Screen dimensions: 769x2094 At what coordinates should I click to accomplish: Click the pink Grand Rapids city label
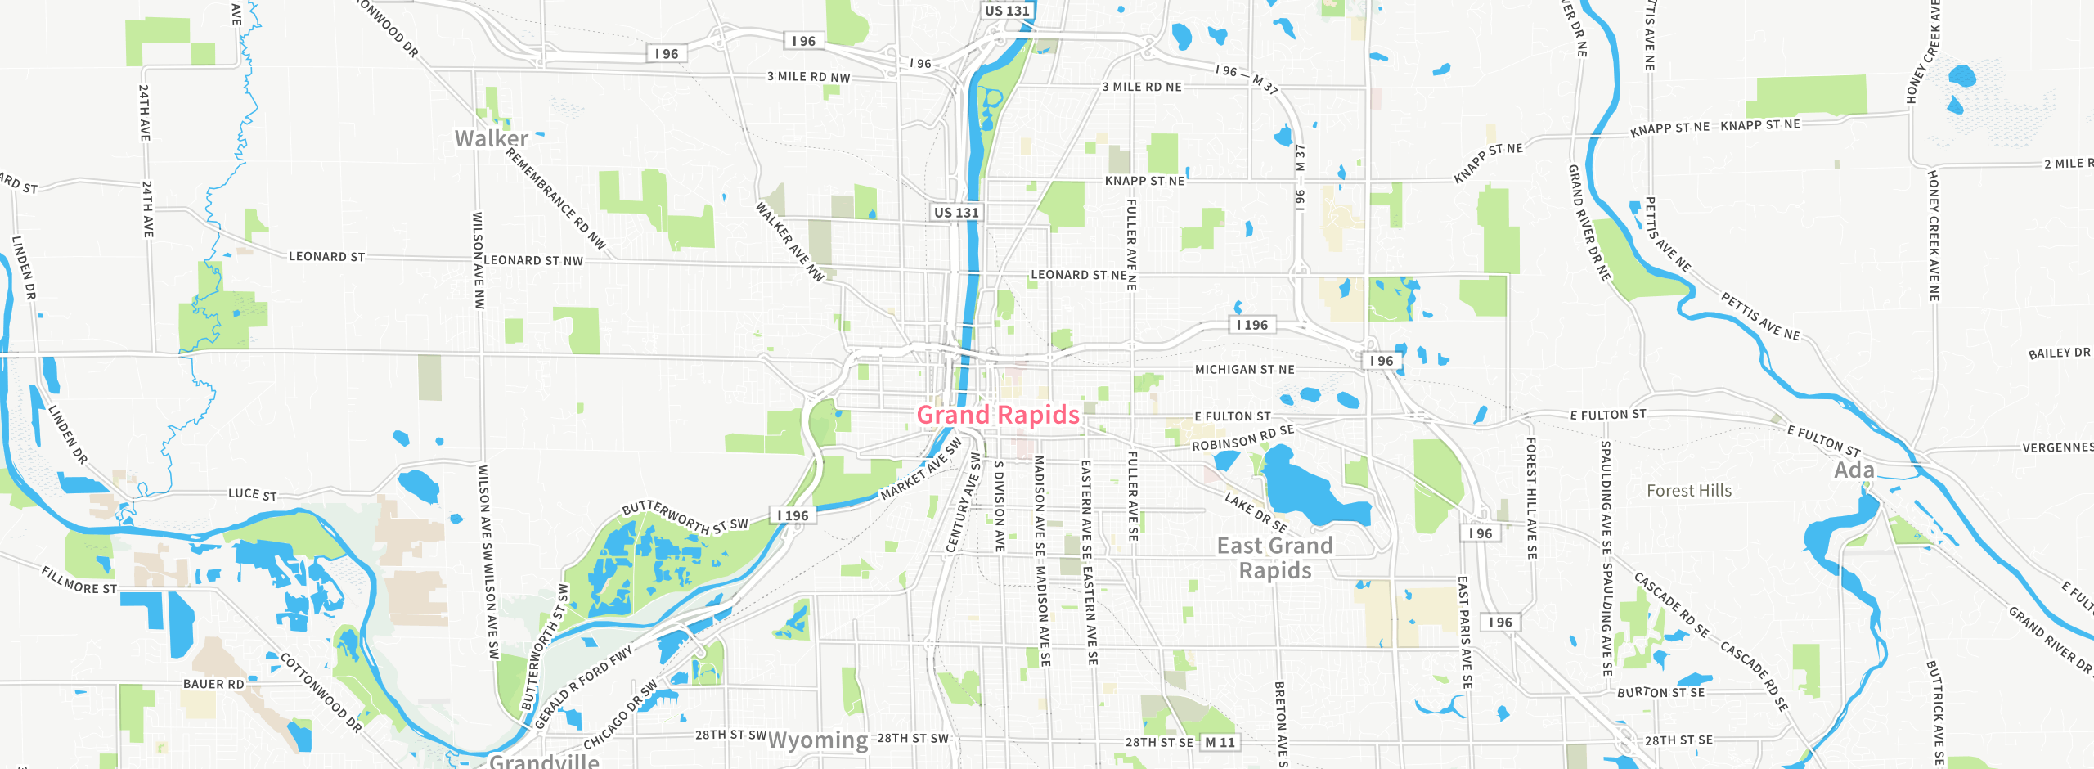pos(998,415)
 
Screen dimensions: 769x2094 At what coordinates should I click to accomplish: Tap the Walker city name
pos(491,138)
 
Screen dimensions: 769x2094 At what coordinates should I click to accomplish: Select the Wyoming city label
pos(818,740)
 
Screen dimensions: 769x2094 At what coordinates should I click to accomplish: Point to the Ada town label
pos(1854,470)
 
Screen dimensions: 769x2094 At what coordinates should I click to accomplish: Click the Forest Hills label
pos(1689,491)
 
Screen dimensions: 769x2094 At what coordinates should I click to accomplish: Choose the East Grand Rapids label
pos(1274,558)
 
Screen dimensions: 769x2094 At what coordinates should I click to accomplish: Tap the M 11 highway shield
pos(1219,742)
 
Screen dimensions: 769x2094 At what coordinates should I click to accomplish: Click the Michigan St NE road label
pos(1244,370)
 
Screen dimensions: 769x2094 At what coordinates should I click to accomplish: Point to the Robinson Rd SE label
pos(1242,438)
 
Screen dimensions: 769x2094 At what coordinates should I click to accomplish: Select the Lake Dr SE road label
pos(1256,513)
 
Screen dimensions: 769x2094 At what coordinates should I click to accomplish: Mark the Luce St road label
pos(252,494)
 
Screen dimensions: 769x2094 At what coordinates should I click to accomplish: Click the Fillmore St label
pos(79,581)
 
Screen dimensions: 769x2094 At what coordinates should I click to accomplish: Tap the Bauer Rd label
pos(213,684)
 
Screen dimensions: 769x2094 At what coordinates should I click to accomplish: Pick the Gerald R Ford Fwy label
pos(584,686)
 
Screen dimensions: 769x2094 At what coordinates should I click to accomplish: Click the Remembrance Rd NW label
pos(555,198)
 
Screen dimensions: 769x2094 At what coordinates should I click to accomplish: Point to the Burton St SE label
pos(1660,692)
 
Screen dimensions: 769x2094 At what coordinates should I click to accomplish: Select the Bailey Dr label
pos(2059,353)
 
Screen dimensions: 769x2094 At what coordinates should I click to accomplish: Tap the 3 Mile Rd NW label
pos(808,77)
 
